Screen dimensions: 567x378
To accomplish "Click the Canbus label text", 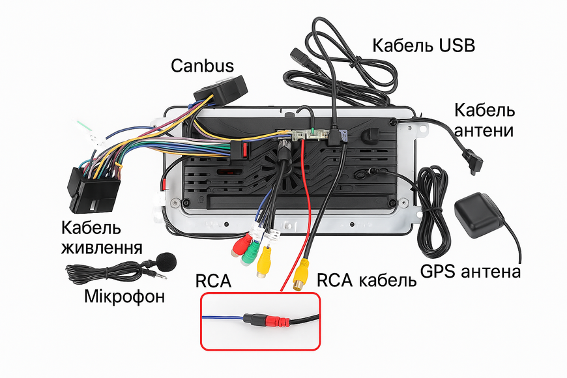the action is click(202, 66).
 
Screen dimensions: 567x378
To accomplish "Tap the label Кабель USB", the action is click(424, 46).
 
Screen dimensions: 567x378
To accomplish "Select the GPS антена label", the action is click(471, 271).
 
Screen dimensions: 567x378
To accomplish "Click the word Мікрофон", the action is click(124, 297).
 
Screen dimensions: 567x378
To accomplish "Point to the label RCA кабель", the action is click(367, 280).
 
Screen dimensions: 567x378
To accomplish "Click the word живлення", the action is click(102, 248).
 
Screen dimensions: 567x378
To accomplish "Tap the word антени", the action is click(484, 130).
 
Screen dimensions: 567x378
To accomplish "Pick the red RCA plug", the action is click(241, 245).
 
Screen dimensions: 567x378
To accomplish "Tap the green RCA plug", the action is click(251, 254).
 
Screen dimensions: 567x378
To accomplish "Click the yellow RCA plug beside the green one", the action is click(264, 262).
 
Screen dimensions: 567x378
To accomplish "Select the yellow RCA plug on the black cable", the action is click(301, 275).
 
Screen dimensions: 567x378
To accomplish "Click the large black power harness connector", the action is click(93, 189).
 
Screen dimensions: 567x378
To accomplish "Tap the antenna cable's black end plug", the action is click(474, 161).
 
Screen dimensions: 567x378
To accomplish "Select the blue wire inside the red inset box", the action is click(222, 317).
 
